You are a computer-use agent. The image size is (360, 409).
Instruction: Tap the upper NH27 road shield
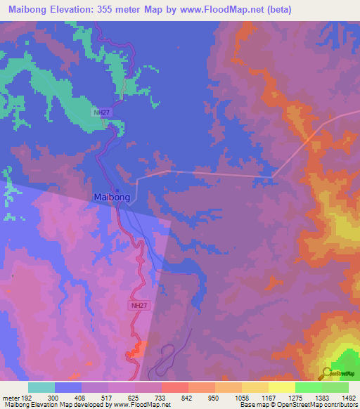[x=102, y=112]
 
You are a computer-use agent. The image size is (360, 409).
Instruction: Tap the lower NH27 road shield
[x=139, y=306]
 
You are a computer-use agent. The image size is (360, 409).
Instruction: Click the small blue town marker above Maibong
[x=117, y=190]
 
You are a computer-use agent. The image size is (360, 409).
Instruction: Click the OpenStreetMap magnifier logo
[x=327, y=373]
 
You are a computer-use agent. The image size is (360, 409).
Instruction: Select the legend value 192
[x=27, y=397]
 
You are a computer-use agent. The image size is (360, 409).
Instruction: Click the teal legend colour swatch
[x=41, y=387]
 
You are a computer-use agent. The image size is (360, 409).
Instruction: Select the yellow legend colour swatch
[x=282, y=387]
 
